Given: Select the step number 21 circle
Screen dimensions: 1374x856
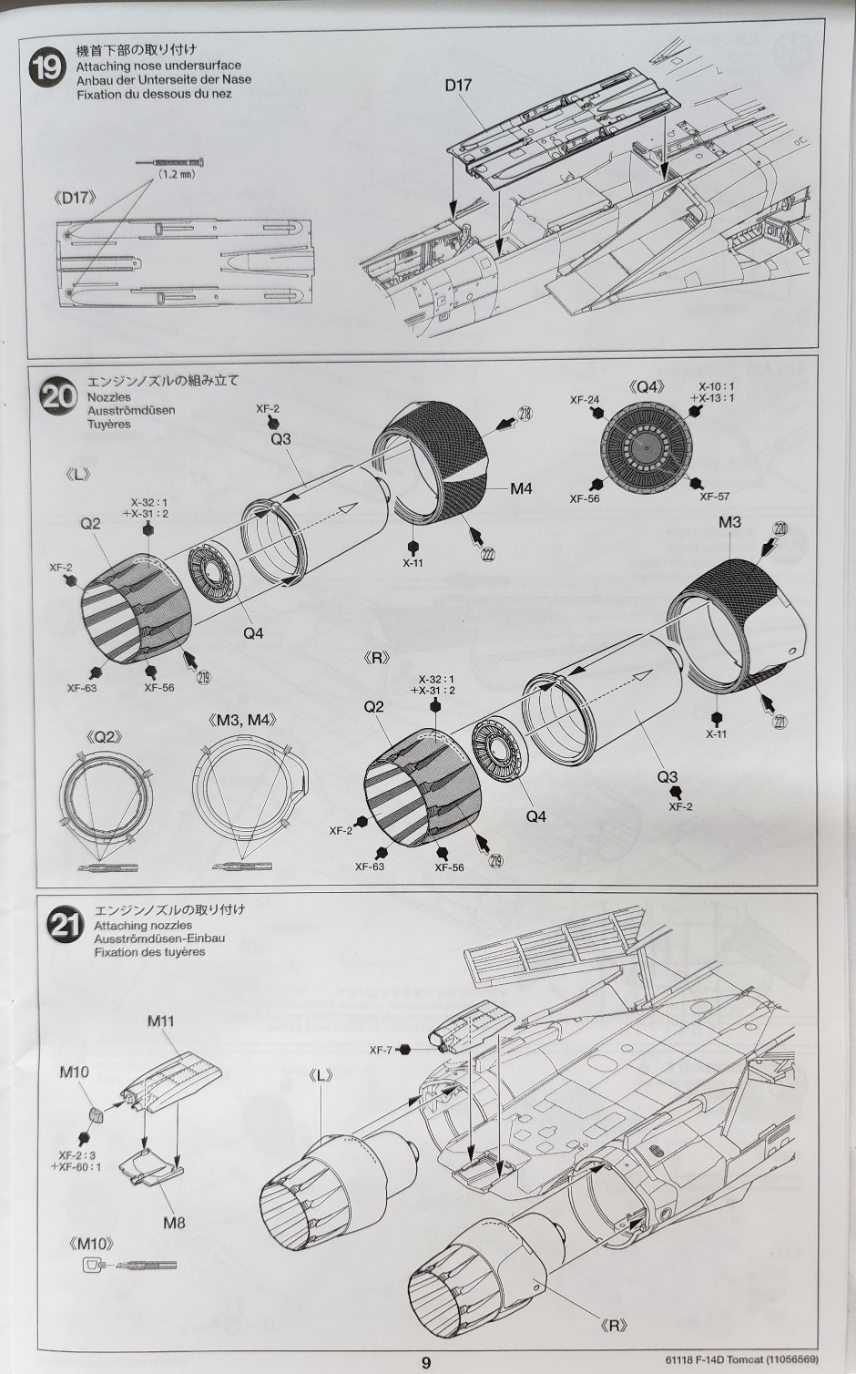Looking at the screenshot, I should point(66,927).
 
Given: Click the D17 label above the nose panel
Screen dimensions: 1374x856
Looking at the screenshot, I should point(459,85).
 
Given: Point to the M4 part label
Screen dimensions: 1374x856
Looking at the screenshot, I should point(520,488).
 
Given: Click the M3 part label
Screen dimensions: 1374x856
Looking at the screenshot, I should point(729,522).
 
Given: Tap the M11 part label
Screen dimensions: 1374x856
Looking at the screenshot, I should point(160,1020).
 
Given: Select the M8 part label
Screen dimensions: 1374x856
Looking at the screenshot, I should point(174,1222).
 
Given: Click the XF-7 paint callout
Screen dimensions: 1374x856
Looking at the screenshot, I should point(382,1050).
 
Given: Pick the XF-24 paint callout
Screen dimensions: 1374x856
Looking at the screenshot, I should point(584,400).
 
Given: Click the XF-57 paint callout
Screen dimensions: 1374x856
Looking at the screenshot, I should point(714,497).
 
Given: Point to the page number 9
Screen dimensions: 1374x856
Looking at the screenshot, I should point(426,1362).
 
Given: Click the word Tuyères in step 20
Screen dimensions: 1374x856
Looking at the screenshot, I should point(109,424).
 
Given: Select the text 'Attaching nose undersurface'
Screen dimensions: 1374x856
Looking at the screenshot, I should point(158,66).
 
